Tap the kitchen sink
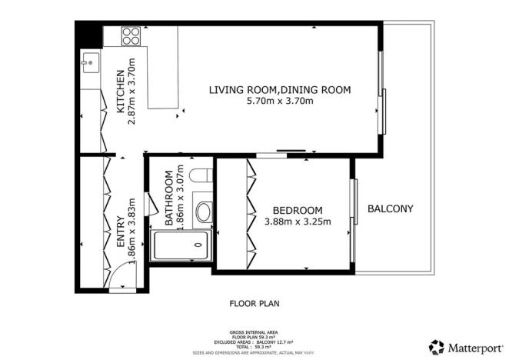[x=89, y=61]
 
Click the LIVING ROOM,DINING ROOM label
[x=280, y=90]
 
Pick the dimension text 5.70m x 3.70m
[x=280, y=102]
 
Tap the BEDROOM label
[x=298, y=210]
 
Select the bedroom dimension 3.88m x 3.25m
[x=298, y=222]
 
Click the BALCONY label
[x=391, y=208]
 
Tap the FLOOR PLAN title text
[x=254, y=304]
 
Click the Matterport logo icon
[x=437, y=346]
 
